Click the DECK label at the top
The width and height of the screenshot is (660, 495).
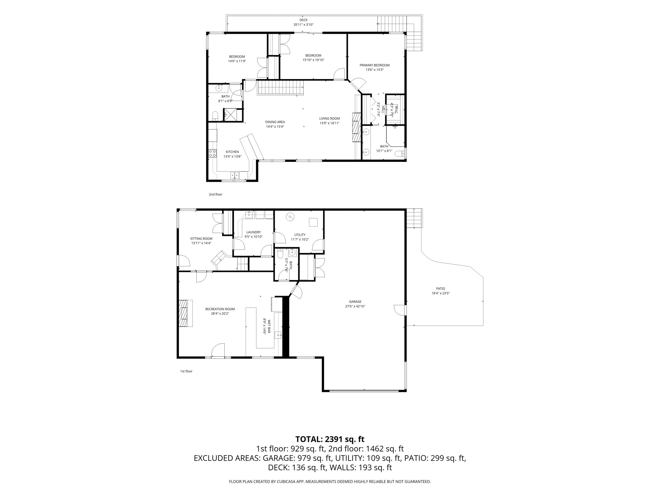point(303,20)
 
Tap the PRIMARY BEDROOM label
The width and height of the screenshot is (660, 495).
point(374,65)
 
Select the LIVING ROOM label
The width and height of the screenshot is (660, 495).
point(329,118)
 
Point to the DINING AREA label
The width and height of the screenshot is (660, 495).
point(275,122)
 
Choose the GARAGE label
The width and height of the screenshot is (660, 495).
point(355,302)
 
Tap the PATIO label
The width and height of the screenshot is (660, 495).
point(440,288)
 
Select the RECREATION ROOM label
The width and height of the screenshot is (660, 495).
point(220,309)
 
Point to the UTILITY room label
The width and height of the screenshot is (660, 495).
point(300,235)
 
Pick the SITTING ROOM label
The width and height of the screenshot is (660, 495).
point(201,239)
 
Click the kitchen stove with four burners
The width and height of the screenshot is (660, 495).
point(213,153)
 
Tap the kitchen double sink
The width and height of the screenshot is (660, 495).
point(235,175)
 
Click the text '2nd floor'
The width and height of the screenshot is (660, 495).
point(215,194)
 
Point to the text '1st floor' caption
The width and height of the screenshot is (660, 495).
point(186,371)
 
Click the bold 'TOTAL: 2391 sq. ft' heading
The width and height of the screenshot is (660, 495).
point(330,439)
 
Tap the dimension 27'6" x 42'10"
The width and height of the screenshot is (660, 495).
point(355,306)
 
